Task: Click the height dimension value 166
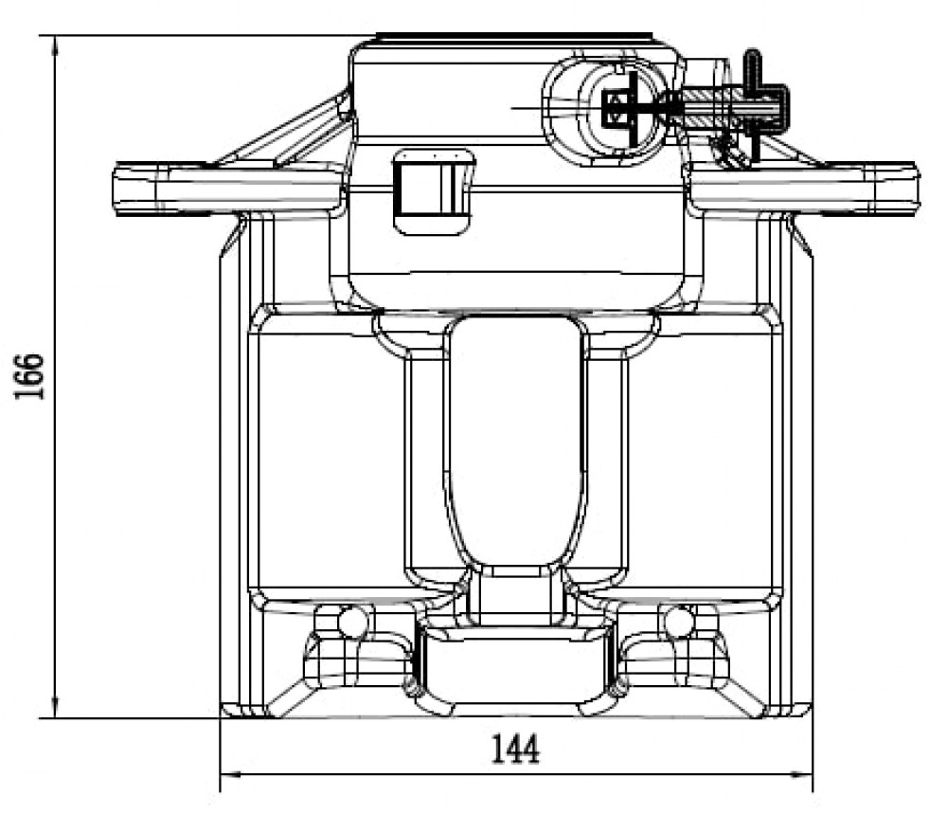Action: click(29, 376)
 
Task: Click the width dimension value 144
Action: click(515, 750)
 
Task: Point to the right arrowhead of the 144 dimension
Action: click(802, 774)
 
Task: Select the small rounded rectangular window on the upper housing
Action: click(433, 191)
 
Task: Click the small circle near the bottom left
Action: click(352, 622)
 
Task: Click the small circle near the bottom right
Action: click(679, 622)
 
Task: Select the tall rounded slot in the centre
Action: click(515, 442)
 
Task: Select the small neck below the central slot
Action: click(515, 595)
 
